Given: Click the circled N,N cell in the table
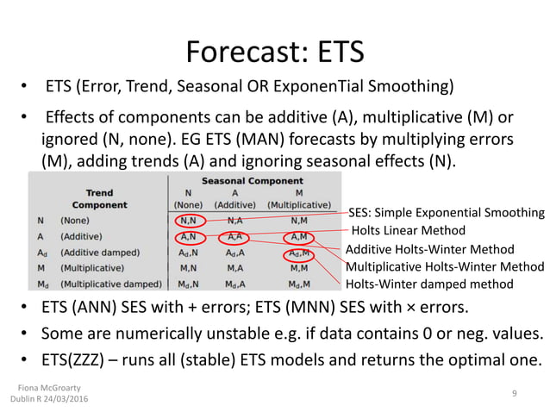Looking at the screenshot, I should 189,221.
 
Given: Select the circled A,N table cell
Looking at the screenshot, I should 189,236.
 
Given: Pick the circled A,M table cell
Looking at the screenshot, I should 298,236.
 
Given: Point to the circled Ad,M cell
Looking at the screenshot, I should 299,253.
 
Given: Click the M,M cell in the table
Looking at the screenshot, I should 299,268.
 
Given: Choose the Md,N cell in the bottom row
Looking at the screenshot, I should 189,284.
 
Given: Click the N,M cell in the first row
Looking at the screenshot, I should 299,221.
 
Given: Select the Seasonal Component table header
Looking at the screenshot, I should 251,181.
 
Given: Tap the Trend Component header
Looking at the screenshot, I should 100,199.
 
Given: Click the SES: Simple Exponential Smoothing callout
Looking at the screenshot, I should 446,212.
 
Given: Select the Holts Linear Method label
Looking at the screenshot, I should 409,230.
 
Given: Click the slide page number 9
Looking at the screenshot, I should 514,394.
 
